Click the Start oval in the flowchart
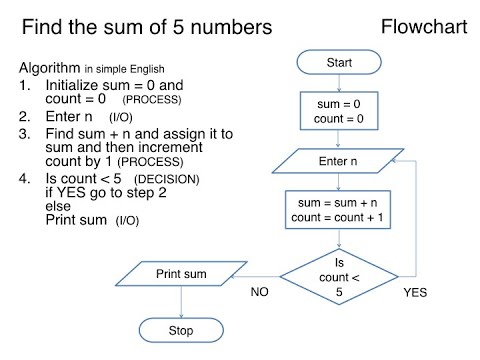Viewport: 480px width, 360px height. coord(339,64)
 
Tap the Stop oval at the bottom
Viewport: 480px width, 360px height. coord(181,329)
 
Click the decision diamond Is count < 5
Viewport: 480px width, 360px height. coord(338,271)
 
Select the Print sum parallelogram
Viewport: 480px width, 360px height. coord(181,272)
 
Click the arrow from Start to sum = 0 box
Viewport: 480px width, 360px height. coord(339,83)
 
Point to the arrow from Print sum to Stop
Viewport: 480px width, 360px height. coord(181,302)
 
